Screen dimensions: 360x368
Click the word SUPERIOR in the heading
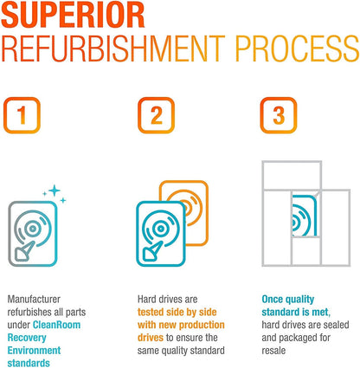point(73,15)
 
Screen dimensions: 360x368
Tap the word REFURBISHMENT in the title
point(113,48)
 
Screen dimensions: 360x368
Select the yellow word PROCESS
point(298,48)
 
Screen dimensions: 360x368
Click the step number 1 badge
point(22,115)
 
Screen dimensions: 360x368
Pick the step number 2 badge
point(156,115)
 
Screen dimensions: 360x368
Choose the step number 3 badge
point(279,115)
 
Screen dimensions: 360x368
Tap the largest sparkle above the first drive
point(54,190)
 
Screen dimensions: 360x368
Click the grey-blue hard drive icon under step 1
point(33,234)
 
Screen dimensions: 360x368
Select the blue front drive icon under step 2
point(161,234)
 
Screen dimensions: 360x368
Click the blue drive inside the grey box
point(304,216)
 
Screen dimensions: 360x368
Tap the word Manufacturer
point(34,299)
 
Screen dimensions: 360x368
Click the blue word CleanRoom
point(56,325)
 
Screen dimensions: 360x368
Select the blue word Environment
point(34,351)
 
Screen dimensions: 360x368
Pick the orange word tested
point(151,312)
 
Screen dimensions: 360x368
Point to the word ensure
point(190,338)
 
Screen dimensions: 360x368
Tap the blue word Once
point(273,299)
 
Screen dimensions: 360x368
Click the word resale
point(273,351)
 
